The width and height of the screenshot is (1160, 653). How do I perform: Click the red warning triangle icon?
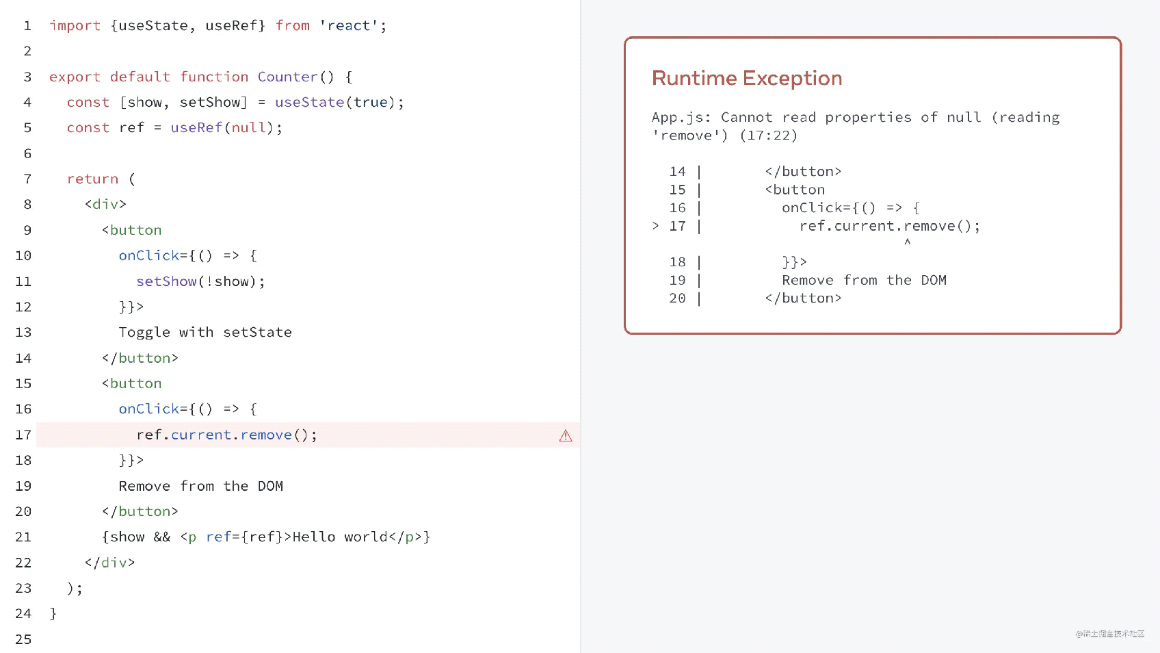(566, 435)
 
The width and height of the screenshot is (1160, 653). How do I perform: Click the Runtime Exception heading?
(746, 78)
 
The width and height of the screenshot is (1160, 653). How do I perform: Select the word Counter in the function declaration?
(287, 77)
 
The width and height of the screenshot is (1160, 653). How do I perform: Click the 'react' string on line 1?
(349, 25)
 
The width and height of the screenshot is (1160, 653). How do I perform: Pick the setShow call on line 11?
(166, 281)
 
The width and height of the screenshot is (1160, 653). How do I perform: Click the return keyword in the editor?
(92, 179)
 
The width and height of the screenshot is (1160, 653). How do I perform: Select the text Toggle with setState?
(205, 332)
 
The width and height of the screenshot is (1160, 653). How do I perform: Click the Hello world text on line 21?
(339, 537)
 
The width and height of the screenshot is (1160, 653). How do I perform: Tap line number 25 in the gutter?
(23, 639)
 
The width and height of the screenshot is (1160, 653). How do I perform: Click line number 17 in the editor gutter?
(23, 435)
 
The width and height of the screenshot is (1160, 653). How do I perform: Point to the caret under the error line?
(908, 242)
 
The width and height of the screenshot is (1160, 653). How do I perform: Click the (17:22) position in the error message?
(769, 136)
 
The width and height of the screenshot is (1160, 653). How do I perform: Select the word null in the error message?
(964, 117)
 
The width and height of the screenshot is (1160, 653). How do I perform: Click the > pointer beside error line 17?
(656, 225)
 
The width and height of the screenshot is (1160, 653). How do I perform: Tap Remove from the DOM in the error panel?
(864, 280)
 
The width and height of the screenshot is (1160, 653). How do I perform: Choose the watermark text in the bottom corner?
(1109, 634)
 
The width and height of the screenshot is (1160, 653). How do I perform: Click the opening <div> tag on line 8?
(105, 204)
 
